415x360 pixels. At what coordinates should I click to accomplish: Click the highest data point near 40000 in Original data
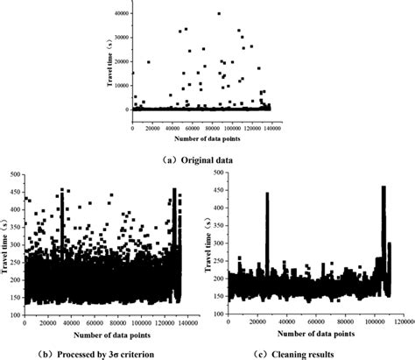coord(219,14)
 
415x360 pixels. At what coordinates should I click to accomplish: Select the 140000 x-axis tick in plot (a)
coord(275,129)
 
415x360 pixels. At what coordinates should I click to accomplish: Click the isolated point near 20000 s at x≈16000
coord(149,62)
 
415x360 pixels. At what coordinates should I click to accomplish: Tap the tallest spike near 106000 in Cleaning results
coord(383,187)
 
